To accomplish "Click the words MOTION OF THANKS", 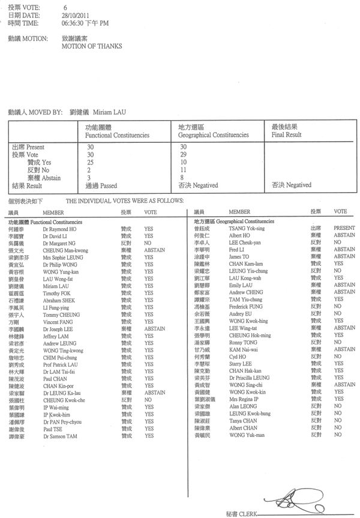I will [x=92, y=46].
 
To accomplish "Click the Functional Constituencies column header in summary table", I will [x=118, y=136].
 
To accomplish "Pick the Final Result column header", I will [x=286, y=136].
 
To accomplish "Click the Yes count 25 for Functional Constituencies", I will [x=90, y=162].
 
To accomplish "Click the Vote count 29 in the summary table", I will [x=183, y=154].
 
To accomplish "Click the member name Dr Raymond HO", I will [x=59, y=229].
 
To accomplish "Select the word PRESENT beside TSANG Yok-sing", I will [x=344, y=229].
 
